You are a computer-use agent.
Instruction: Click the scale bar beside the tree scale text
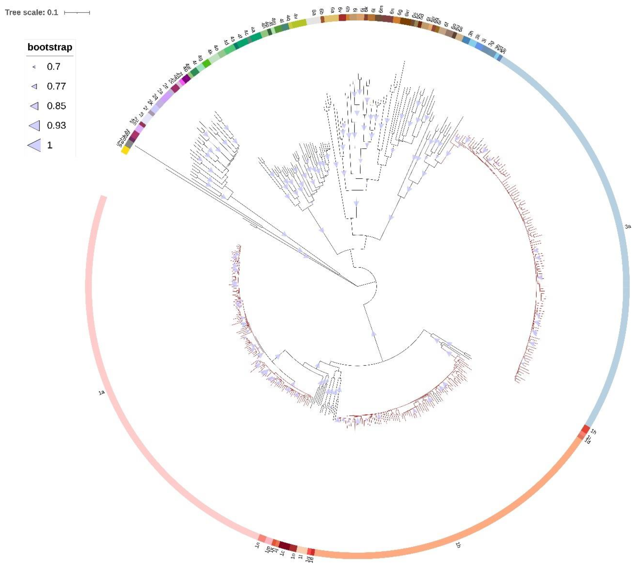[77, 12]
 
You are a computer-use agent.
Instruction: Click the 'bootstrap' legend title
[50, 47]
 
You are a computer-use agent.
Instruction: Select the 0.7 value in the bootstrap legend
[54, 67]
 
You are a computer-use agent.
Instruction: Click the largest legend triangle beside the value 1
[34, 145]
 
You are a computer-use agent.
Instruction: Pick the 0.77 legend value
[56, 86]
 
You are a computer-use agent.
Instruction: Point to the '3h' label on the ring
[471, 33]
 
